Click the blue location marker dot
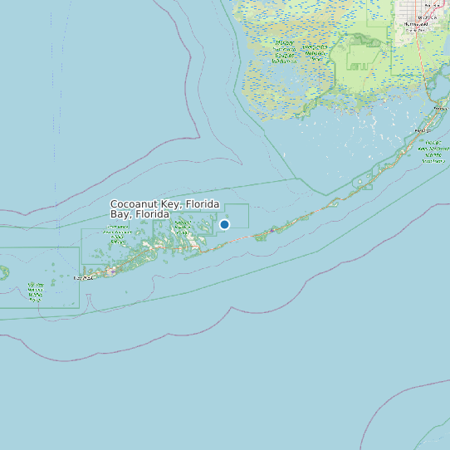224,224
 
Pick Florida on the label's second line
153,214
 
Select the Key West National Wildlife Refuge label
36,290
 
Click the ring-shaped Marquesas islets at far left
2,271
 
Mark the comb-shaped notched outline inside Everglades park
361,65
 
